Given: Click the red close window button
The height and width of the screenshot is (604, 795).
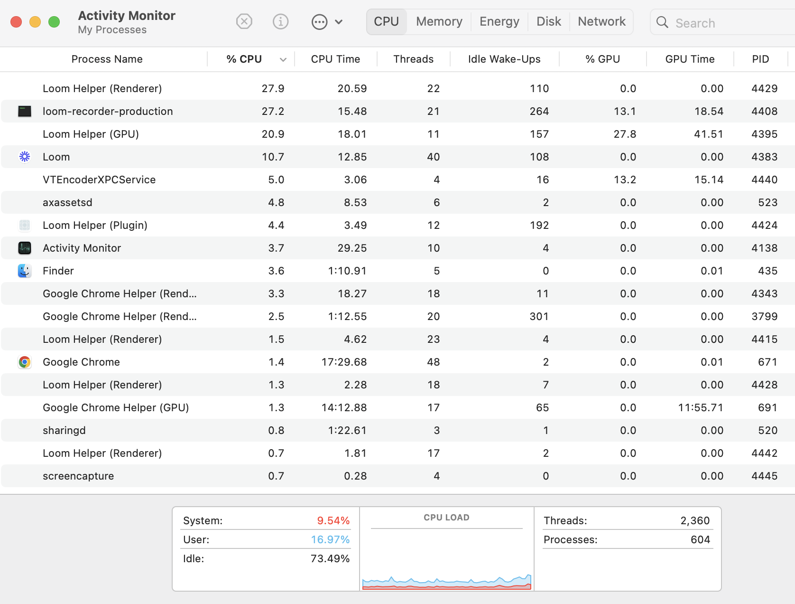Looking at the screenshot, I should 16,22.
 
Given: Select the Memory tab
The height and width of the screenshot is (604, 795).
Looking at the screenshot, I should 439,22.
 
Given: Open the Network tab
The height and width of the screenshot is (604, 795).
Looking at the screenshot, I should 601,22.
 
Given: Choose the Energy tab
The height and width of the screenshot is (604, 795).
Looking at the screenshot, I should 499,22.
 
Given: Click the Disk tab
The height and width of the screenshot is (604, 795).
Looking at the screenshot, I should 548,22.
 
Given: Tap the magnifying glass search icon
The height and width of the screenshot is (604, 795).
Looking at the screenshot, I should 662,22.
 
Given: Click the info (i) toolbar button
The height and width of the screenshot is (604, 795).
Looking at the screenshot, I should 280,22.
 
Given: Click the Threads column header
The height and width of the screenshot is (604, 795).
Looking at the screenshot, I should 413,59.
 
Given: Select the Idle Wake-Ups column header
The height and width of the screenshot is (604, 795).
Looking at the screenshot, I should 504,59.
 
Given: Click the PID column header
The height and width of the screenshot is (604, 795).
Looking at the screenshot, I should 760,59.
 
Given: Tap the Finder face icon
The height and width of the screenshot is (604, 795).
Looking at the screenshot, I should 25,271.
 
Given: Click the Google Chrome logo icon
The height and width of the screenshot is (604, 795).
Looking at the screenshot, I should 25,362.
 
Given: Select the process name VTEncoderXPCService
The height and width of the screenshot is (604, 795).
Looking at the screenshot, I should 99,179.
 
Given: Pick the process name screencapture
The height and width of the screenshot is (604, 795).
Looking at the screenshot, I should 78,476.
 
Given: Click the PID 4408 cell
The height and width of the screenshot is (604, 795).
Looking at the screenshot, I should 764,111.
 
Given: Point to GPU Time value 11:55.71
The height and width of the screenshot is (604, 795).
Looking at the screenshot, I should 700,407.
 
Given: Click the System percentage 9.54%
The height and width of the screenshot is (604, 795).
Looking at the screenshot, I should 333,520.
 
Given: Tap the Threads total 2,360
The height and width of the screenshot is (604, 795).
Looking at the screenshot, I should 695,520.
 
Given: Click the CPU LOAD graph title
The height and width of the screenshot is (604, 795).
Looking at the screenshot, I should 446,518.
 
